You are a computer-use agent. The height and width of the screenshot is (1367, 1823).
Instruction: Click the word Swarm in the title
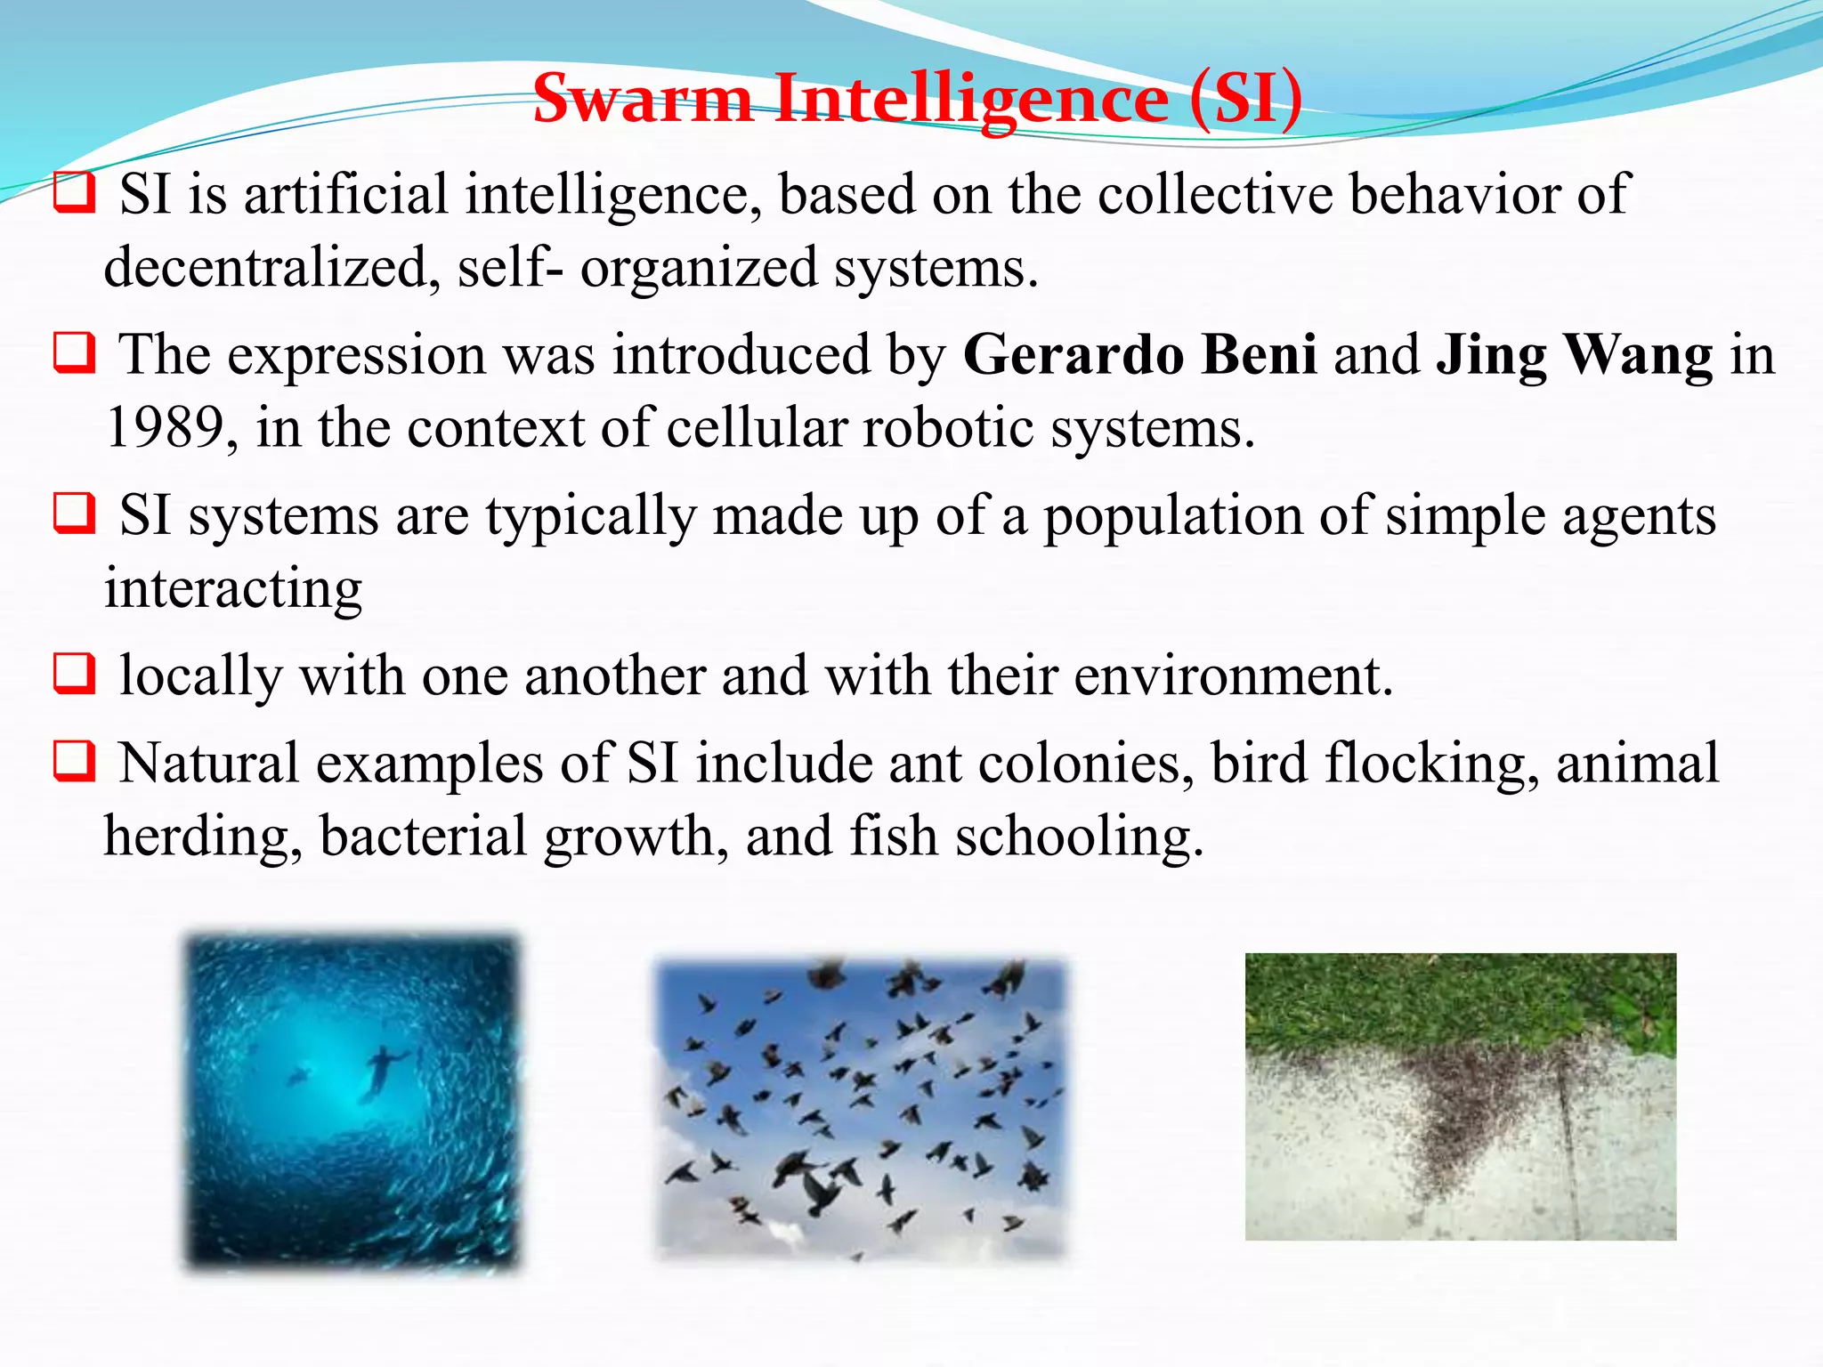tap(643, 98)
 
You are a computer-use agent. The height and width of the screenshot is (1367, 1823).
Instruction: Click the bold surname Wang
tap(1638, 355)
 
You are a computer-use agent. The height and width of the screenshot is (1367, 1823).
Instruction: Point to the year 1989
tap(165, 428)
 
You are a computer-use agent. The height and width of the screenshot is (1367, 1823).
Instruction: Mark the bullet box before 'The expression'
tap(74, 353)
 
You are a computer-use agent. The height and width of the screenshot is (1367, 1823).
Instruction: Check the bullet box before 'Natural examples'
tap(74, 762)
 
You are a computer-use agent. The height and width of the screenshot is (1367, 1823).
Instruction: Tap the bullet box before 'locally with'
tap(74, 674)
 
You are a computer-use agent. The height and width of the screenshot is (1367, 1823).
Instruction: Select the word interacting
tap(233, 589)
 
